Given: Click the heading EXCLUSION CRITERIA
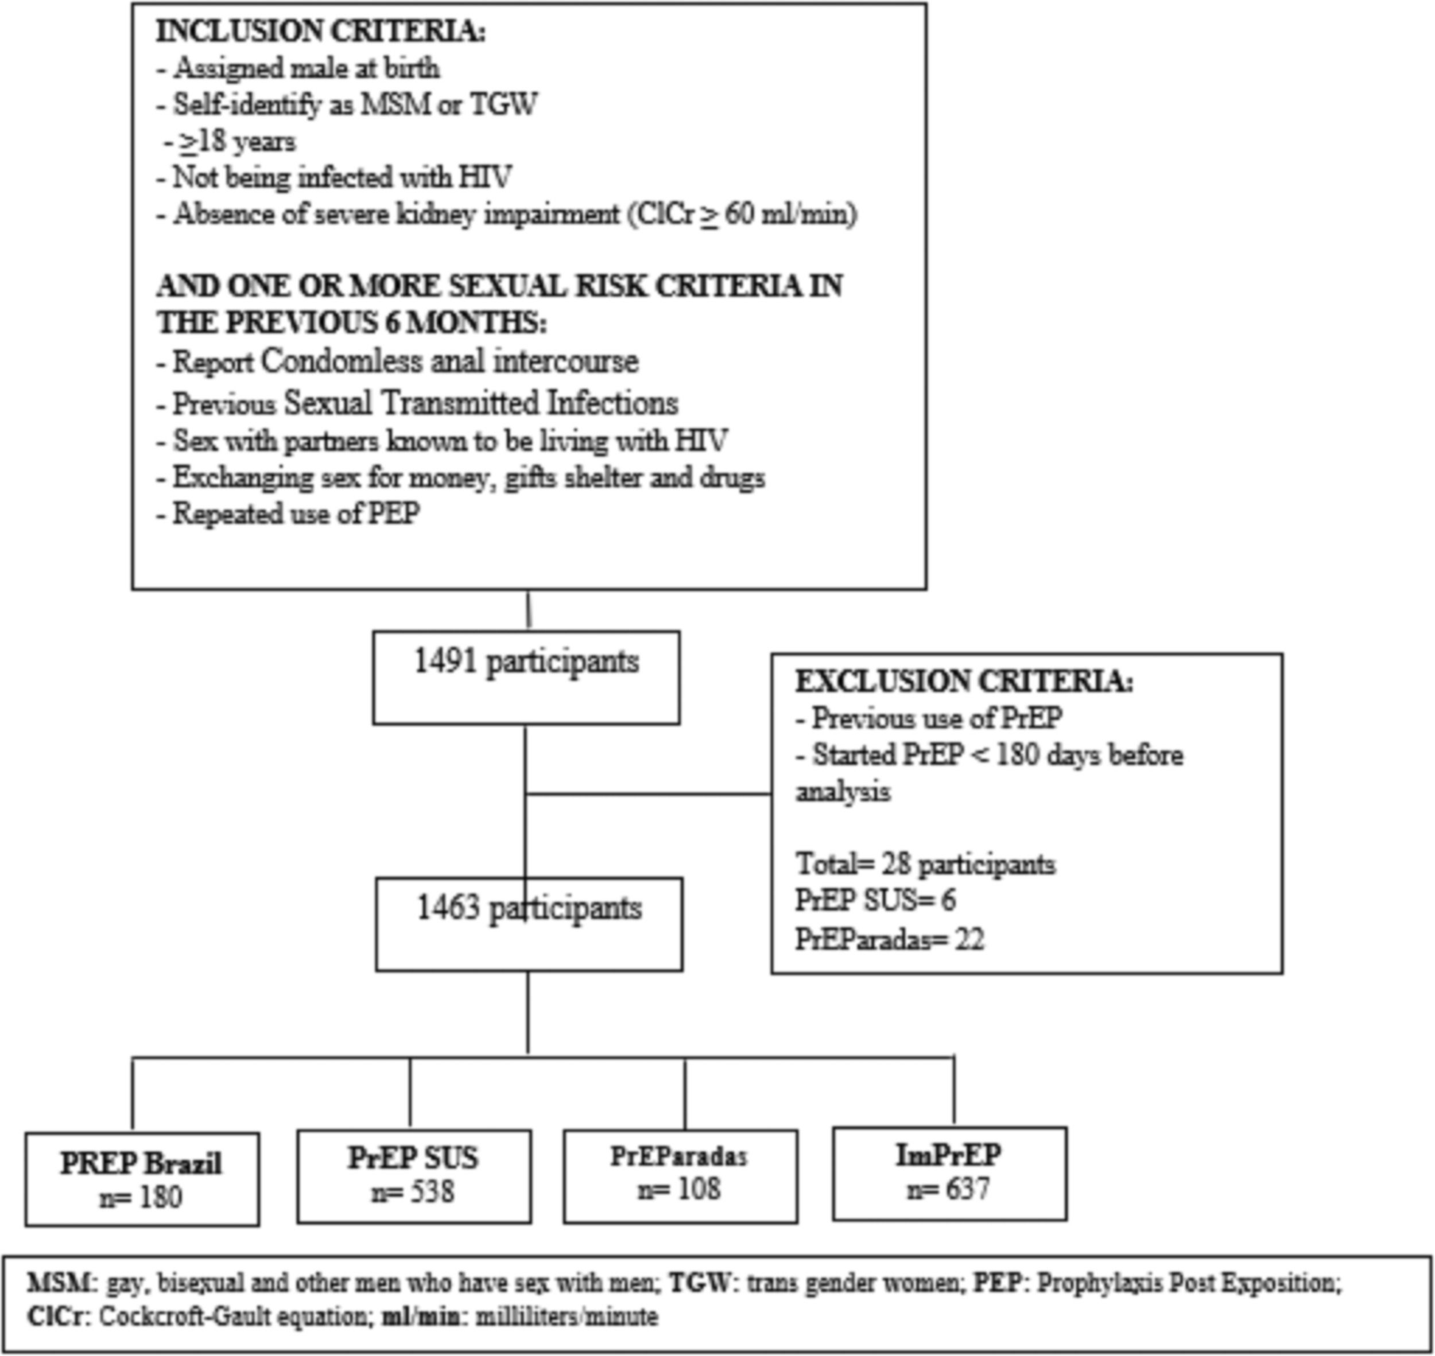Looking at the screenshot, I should point(964,682).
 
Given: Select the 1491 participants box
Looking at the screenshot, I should point(526,677).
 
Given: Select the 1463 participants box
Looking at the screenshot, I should point(529,924).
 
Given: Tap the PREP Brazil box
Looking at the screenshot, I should point(142,1178).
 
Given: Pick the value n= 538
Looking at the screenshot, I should point(413,1192).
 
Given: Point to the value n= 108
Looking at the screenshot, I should point(679,1189).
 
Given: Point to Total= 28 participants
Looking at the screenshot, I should point(925,864).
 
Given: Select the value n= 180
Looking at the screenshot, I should point(141,1198).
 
